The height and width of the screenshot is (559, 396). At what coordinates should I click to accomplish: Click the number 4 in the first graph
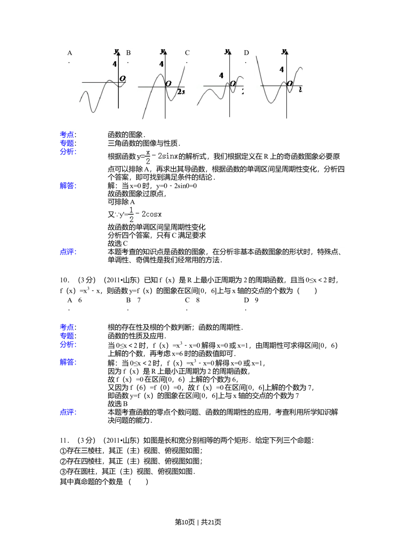pyautogui.click(x=115, y=64)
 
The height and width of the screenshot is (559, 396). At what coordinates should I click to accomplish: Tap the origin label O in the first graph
pyautogui.click(x=122, y=78)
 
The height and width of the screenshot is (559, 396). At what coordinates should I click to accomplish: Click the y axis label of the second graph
pyautogui.click(x=162, y=51)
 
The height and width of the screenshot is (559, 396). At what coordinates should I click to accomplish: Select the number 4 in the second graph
pyautogui.click(x=162, y=64)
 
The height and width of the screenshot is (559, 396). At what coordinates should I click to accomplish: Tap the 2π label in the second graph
pyautogui.click(x=181, y=91)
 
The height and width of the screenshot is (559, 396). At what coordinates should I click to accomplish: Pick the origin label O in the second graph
pyautogui.click(x=168, y=83)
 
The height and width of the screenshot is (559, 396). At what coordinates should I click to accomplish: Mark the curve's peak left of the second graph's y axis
pyautogui.click(x=160, y=74)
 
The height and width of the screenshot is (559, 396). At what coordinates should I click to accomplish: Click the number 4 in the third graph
pyautogui.click(x=221, y=76)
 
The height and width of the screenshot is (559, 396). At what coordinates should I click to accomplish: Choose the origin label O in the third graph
pyautogui.click(x=233, y=83)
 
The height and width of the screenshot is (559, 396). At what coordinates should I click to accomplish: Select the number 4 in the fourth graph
pyautogui.click(x=282, y=70)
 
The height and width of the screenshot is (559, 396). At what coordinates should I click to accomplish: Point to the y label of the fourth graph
pyautogui.click(x=283, y=51)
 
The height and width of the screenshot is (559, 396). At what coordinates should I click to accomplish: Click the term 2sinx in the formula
pyautogui.click(x=168, y=156)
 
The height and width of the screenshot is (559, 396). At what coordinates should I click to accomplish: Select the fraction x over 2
pyautogui.click(x=148, y=157)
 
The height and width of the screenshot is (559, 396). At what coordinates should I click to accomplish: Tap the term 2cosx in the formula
pyautogui.click(x=152, y=214)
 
